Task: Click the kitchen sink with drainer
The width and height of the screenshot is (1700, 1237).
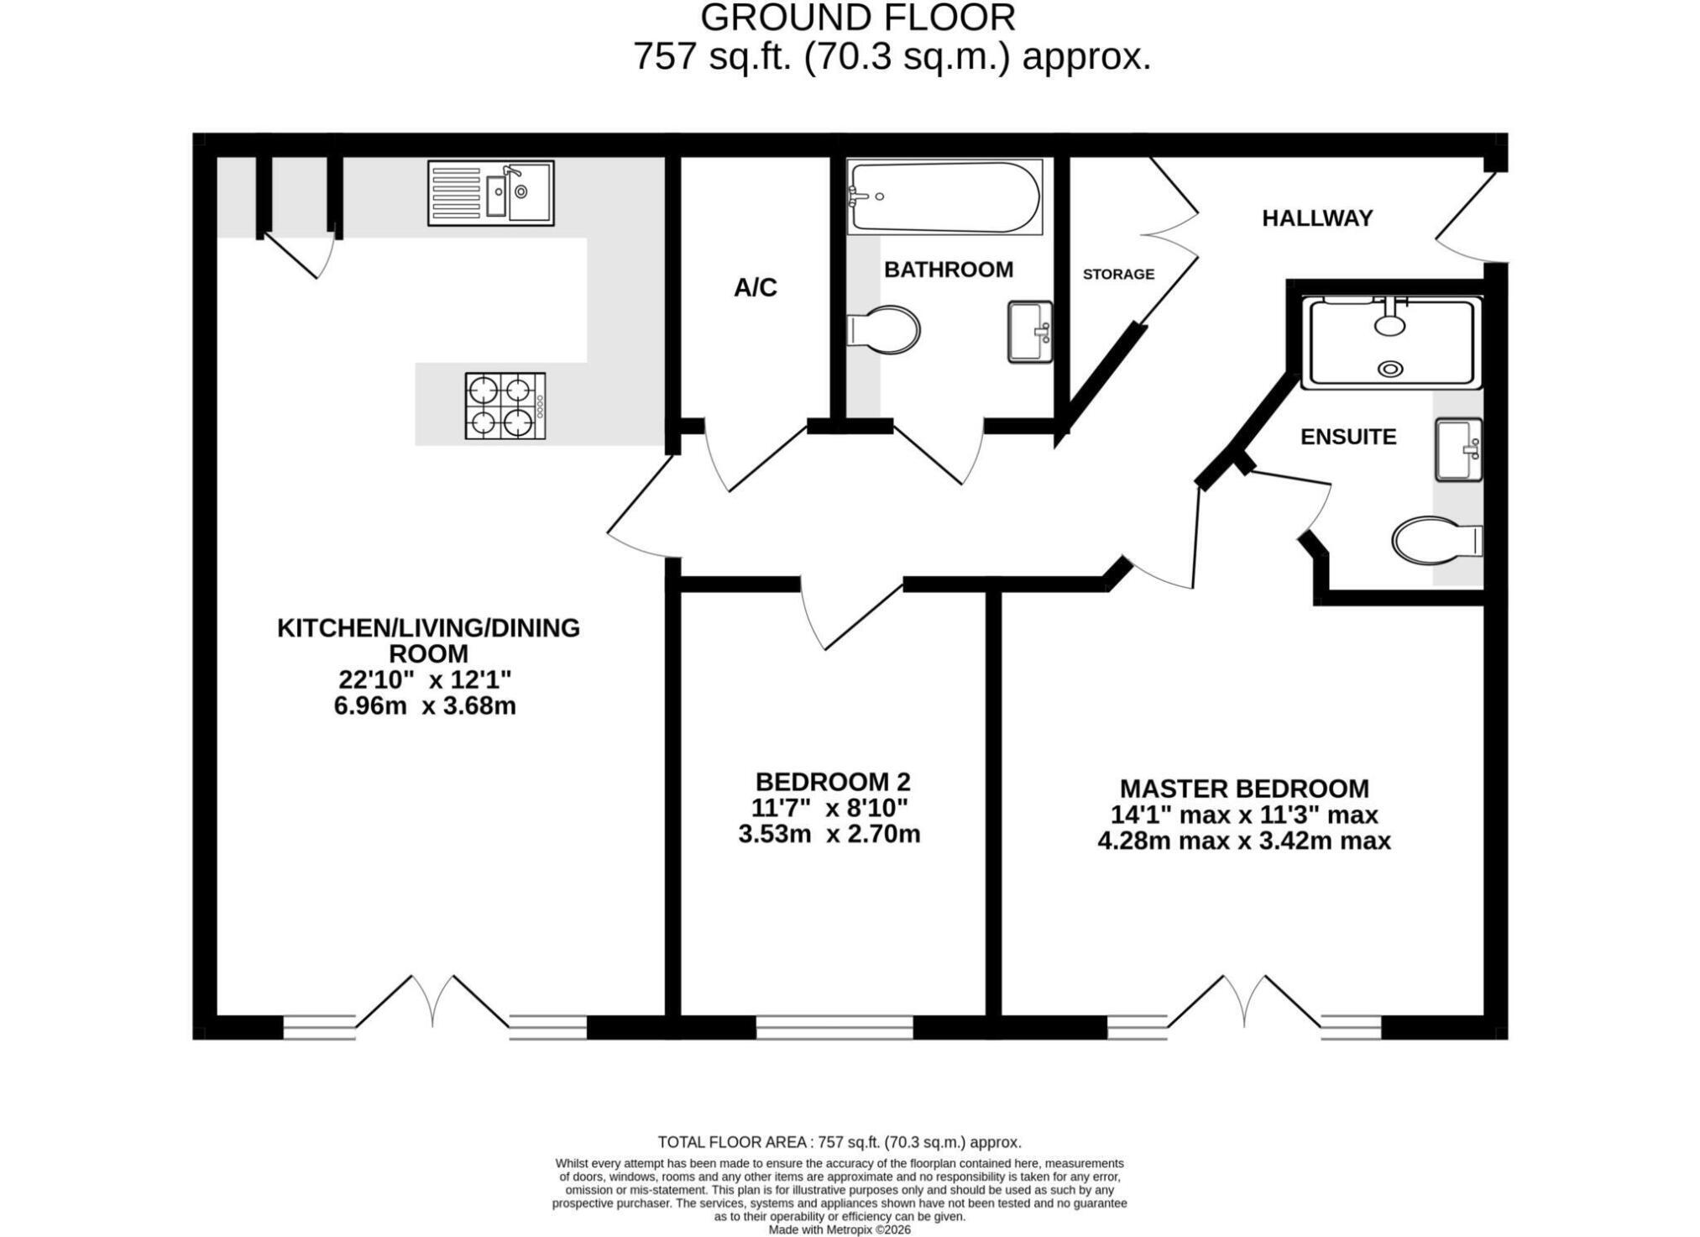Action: pyautogui.click(x=490, y=193)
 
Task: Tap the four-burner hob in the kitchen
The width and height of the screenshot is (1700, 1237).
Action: pyautogui.click(x=505, y=406)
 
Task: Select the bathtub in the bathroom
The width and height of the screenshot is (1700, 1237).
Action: pyautogui.click(x=944, y=197)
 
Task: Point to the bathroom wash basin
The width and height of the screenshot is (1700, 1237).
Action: pyautogui.click(x=1030, y=332)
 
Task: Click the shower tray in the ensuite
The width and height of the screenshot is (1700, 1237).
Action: pyautogui.click(x=1391, y=342)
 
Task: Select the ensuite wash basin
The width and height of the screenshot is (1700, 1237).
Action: pyautogui.click(x=1459, y=449)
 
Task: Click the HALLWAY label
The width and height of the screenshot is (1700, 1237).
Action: pyautogui.click(x=1317, y=218)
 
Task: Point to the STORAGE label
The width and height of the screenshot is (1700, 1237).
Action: pyautogui.click(x=1118, y=274)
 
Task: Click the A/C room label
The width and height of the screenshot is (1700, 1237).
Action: pyautogui.click(x=756, y=288)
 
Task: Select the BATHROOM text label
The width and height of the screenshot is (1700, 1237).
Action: pyautogui.click(x=949, y=270)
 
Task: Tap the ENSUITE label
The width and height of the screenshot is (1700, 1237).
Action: pyautogui.click(x=1348, y=437)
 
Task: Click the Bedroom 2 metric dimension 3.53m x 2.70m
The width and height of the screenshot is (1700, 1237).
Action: pyautogui.click(x=829, y=835)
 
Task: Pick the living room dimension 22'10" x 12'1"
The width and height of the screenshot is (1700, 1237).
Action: pyautogui.click(x=425, y=679)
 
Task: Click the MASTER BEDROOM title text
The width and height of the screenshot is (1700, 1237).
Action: pyautogui.click(x=1244, y=789)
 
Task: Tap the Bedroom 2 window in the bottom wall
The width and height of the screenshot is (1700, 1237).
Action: pyautogui.click(x=834, y=1028)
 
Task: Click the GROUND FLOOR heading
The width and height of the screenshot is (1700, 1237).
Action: pyautogui.click(x=858, y=18)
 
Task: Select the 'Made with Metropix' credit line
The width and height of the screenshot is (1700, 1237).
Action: pyautogui.click(x=840, y=1229)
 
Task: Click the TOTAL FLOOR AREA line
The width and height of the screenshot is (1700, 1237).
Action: pyautogui.click(x=840, y=1142)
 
